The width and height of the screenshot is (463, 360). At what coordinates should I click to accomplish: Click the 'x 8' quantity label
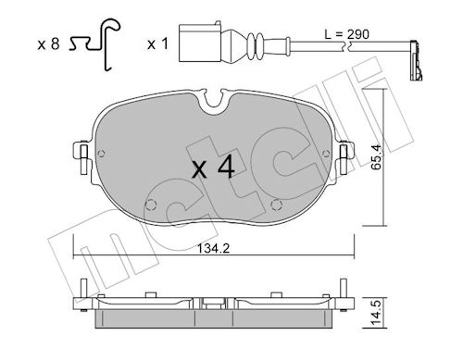48,44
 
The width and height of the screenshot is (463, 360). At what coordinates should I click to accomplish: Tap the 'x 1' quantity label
157,44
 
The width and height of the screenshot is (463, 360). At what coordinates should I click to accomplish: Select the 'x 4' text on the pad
213,168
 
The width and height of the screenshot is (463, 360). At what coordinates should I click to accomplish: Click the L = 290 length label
346,34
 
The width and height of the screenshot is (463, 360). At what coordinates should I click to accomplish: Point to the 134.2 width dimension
213,248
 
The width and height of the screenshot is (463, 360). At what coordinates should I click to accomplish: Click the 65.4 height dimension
376,157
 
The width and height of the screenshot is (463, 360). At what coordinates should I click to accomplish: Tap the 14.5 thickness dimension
376,312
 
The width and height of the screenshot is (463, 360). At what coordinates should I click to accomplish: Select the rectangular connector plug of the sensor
200,43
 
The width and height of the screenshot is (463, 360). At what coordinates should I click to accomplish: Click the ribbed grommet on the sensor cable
256,45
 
